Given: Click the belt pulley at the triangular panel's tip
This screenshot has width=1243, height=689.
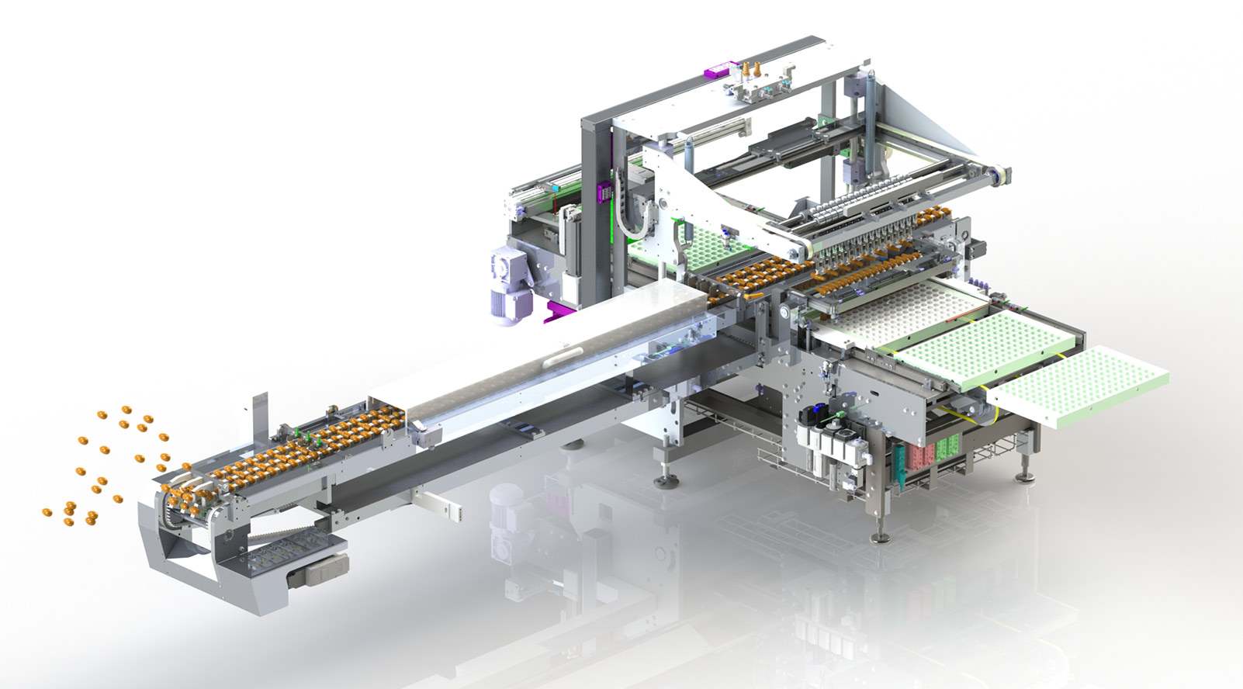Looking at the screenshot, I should (1002, 177).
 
